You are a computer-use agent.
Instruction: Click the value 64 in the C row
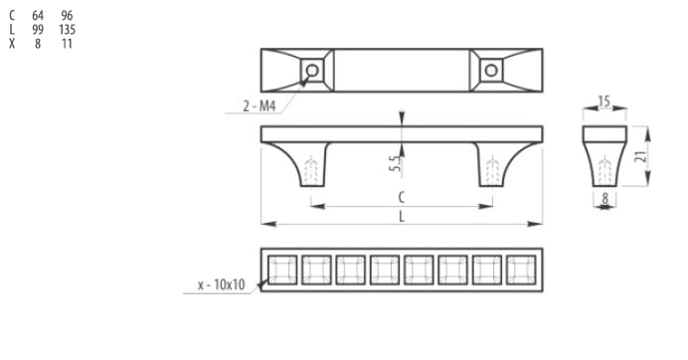pos(38,16)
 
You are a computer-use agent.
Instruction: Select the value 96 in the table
pos(67,16)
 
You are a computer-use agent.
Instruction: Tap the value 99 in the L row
pos(38,30)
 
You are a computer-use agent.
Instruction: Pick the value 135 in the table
pos(68,30)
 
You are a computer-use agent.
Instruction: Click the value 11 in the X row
pos(67,44)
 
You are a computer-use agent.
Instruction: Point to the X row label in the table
pos(12,44)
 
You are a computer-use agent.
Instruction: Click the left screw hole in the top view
pos(312,71)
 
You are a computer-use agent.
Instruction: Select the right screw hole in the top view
pos(491,71)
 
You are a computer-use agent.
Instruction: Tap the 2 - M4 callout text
pos(259,106)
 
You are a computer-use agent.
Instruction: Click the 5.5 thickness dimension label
pos(395,163)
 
